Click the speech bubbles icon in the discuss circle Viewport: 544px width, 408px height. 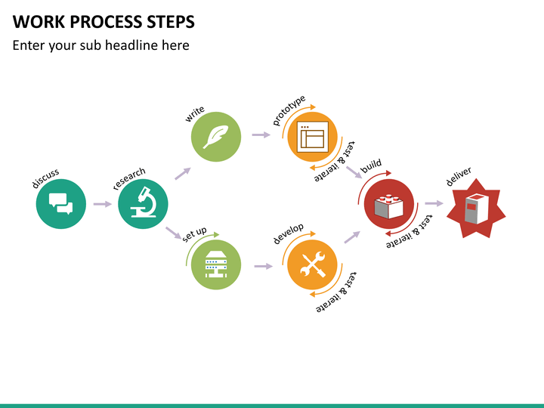[x=60, y=204]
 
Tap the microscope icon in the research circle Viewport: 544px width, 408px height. [x=144, y=202]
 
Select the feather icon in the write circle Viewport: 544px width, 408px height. [x=216, y=137]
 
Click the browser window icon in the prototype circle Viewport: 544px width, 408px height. [x=312, y=136]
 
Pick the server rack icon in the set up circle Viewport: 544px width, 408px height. [x=216, y=264]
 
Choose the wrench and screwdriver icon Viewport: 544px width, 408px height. [x=312, y=264]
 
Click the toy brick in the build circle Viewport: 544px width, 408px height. [x=389, y=206]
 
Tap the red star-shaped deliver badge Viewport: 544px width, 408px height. [x=476, y=209]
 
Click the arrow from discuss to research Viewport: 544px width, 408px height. [x=102, y=204]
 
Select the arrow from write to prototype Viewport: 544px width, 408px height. [x=261, y=134]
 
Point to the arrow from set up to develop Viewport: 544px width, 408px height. [x=264, y=266]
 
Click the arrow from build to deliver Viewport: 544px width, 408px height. [x=434, y=203]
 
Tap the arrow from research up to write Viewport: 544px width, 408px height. [x=183, y=174]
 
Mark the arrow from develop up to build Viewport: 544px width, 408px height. [x=352, y=237]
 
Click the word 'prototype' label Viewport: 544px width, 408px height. [x=289, y=110]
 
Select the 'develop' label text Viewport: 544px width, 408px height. [x=289, y=233]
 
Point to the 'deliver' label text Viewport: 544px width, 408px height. [x=459, y=177]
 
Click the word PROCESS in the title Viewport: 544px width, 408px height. [x=106, y=22]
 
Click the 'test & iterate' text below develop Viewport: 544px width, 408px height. [x=336, y=292]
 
